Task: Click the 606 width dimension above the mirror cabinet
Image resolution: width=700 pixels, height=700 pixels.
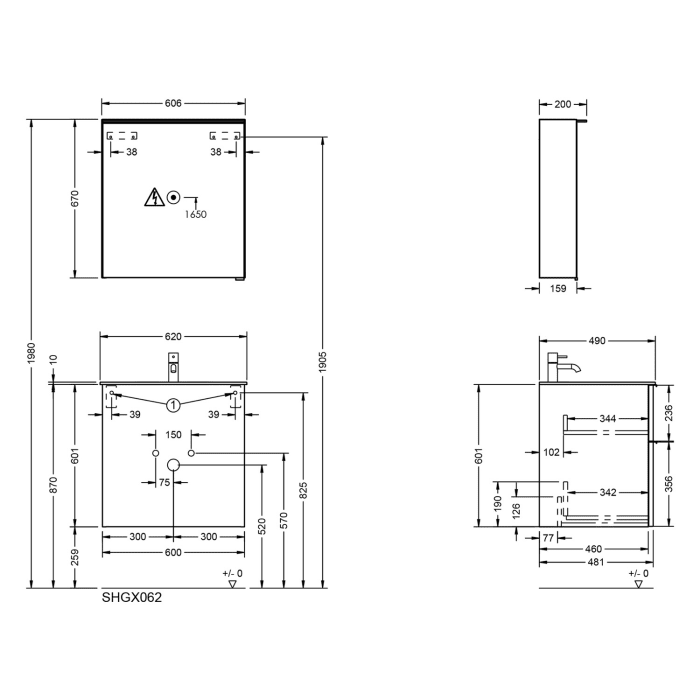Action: (173, 104)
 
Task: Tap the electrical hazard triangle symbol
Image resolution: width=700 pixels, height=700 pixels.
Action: (153, 197)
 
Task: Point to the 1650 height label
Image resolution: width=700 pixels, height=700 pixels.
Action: (196, 214)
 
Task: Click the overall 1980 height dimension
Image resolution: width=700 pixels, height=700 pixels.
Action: (31, 354)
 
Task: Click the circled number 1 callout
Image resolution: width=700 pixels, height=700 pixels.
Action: (173, 405)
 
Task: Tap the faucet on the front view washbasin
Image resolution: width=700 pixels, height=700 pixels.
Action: (173, 367)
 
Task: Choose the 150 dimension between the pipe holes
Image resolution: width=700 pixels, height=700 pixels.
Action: (173, 435)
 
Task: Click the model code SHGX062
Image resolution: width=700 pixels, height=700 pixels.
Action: (132, 598)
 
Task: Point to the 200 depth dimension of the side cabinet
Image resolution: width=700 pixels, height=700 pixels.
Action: (561, 104)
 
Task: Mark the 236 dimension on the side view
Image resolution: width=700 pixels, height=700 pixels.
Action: (668, 411)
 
